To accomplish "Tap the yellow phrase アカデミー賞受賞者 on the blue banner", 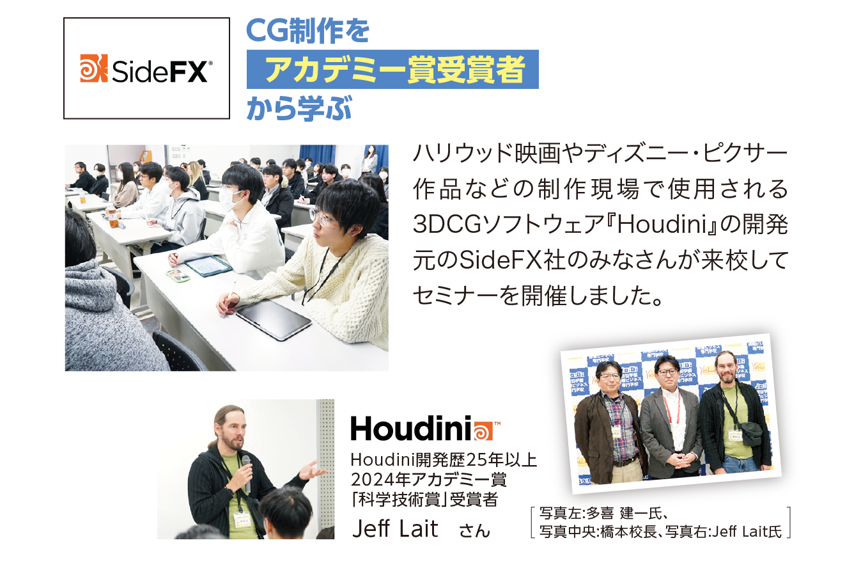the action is pyautogui.click(x=395, y=70).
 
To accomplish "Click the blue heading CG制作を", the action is pyautogui.click(x=308, y=31).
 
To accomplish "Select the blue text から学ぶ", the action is pyautogui.click(x=299, y=108).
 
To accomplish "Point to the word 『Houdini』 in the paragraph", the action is pyautogui.click(x=661, y=225).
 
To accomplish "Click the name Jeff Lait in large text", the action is pyautogui.click(x=395, y=528).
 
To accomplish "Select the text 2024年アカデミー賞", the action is pyautogui.click(x=428, y=479).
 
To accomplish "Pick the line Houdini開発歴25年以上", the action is pyautogui.click(x=444, y=460).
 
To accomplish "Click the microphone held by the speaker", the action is pyautogui.click(x=247, y=471).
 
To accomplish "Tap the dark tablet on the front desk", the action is pyautogui.click(x=274, y=320).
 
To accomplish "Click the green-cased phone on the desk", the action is pyautogui.click(x=178, y=276).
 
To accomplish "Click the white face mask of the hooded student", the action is pyautogui.click(x=230, y=200).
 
